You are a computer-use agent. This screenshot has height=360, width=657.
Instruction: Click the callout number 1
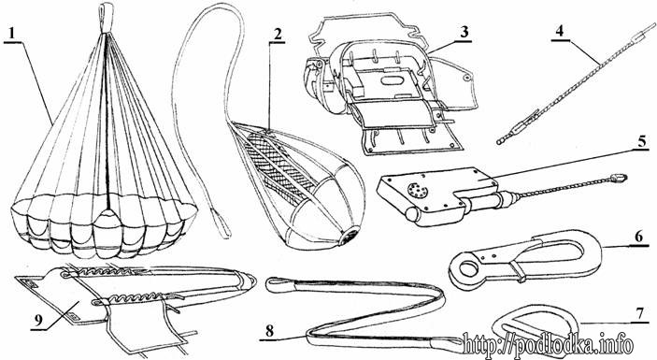tap(12, 33)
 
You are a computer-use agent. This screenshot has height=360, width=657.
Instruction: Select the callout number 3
tap(464, 32)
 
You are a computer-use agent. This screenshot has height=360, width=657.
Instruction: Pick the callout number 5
tap(641, 141)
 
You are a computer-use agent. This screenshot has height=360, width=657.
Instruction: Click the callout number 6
tap(638, 237)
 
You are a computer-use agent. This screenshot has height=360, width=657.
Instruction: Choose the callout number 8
tap(269, 331)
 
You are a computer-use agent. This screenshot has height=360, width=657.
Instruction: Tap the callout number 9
tap(39, 321)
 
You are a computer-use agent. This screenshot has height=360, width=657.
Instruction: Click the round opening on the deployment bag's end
tap(349, 237)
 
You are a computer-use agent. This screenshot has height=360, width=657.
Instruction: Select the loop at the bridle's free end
tap(223, 224)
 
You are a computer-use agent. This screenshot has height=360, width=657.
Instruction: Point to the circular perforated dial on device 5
tap(418, 191)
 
